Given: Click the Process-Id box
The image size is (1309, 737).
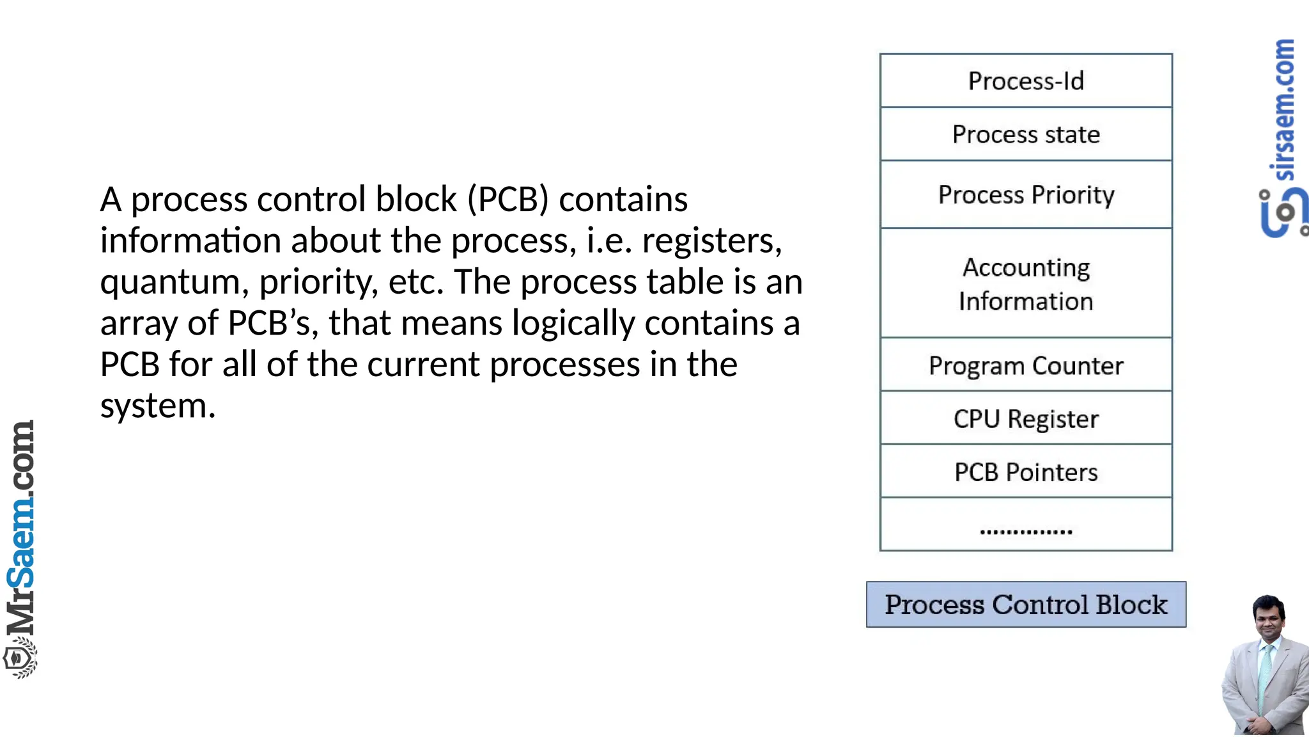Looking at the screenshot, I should pos(1026,81).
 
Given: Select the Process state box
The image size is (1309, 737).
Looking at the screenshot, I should pos(1026,134).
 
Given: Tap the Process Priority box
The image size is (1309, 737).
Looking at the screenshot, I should pos(1026,194).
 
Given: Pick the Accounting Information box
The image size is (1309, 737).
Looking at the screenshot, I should pos(1026,283).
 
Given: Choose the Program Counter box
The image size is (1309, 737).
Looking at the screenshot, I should pos(1026,365).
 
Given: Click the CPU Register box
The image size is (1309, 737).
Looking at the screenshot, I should pos(1026,418).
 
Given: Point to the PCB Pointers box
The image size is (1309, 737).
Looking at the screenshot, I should pos(1026,472).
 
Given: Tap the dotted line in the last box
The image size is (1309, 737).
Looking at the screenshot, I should pos(1026,531).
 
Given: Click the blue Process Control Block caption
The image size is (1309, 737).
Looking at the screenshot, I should pos(1026,605).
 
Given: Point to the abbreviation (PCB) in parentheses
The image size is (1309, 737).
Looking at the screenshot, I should pos(508,199).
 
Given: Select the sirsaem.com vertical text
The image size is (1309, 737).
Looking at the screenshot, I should pos(1283,109).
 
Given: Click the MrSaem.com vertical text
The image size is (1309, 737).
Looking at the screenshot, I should pos(20,525).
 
